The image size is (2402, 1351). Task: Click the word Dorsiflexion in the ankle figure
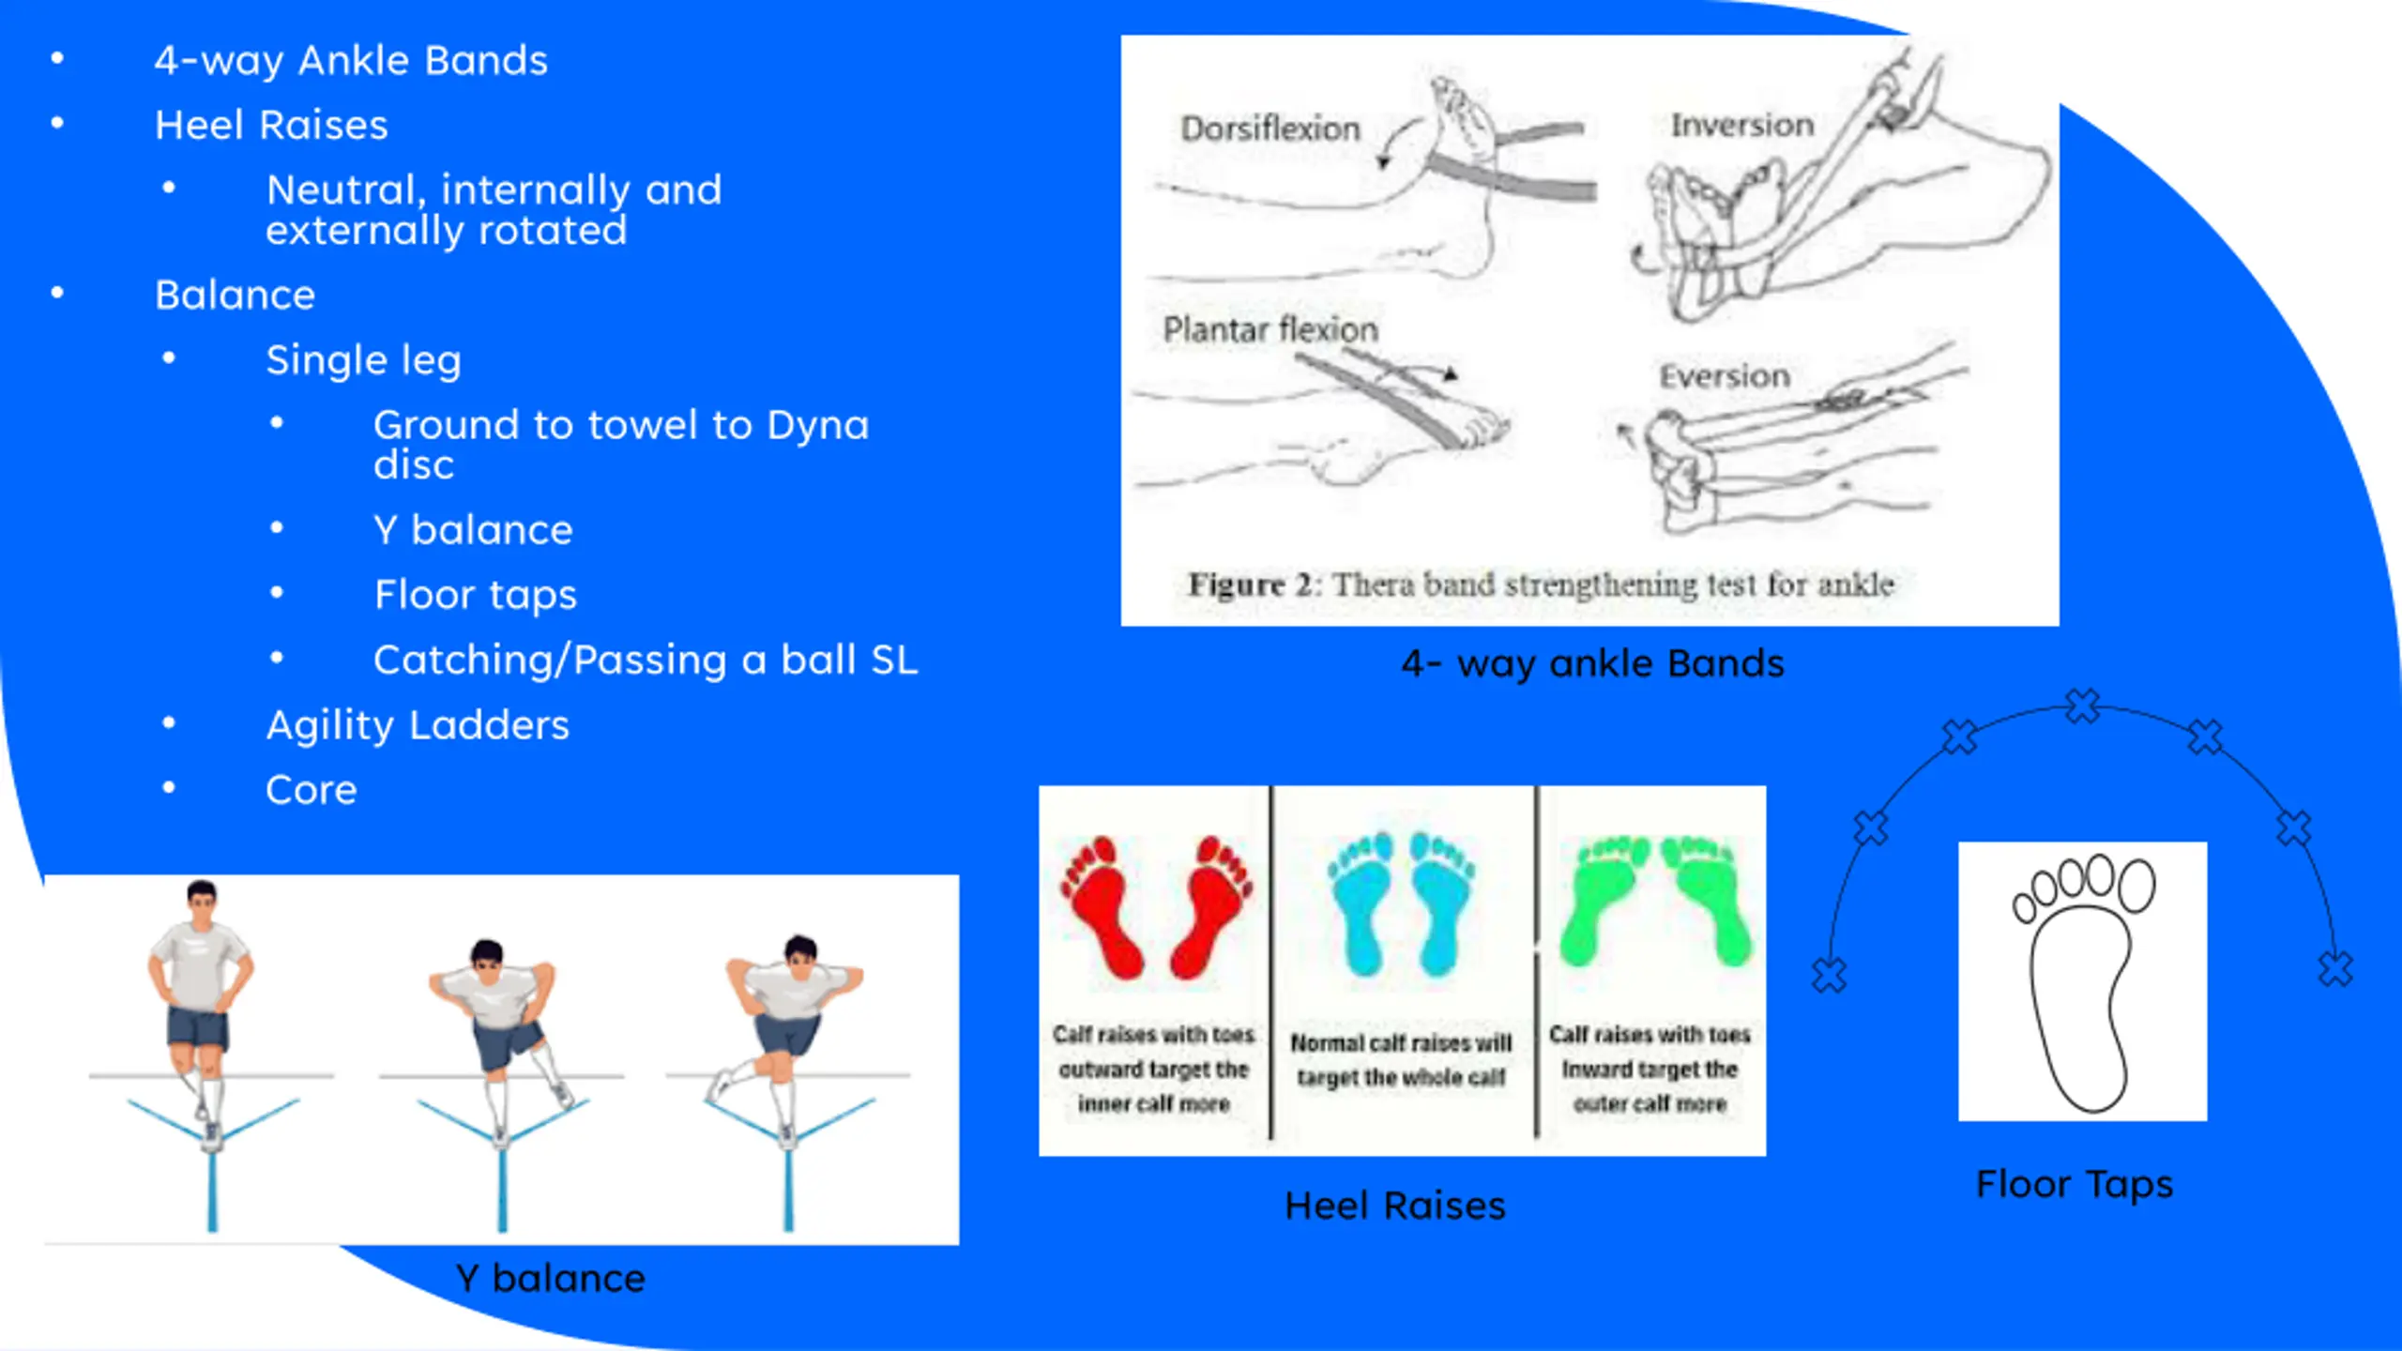1269,129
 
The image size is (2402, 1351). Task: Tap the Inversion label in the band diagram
1741,125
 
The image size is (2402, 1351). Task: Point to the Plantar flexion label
1269,329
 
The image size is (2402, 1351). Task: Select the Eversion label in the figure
1725,376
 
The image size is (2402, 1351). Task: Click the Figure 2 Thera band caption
1540,584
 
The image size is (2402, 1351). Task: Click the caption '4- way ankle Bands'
1592,663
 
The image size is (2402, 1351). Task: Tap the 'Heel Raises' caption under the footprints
1394,1206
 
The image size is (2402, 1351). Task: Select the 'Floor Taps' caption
2074,1184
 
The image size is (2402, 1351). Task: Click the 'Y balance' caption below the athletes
550,1279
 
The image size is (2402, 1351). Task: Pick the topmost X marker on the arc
2082,706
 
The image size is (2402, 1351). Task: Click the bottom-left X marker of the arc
1829,975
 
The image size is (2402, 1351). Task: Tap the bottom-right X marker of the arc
2335,968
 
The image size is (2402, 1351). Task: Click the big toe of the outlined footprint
2136,886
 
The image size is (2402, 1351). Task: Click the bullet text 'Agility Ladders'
418,725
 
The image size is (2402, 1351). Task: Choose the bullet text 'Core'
311,790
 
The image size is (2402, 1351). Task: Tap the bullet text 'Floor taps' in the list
475,595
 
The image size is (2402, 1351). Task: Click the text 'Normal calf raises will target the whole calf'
1401,1060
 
